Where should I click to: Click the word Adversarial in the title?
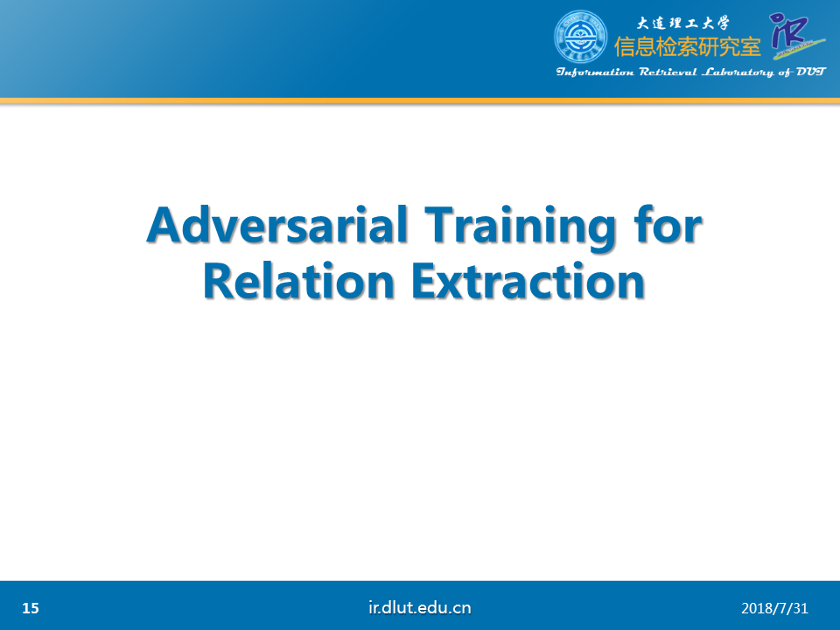277,225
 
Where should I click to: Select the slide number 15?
31,608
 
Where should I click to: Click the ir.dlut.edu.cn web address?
420,607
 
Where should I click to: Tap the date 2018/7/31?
774,608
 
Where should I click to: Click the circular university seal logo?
580,37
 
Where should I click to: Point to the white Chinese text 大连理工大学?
683,23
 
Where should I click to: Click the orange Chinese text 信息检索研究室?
688,46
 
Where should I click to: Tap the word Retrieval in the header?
668,73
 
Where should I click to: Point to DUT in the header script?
811,72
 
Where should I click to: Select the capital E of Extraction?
424,281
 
